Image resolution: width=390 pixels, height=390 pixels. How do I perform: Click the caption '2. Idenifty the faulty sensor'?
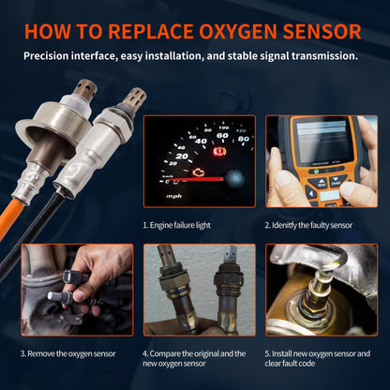click(x=308, y=226)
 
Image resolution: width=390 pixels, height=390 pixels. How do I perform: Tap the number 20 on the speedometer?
click(x=182, y=157)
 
